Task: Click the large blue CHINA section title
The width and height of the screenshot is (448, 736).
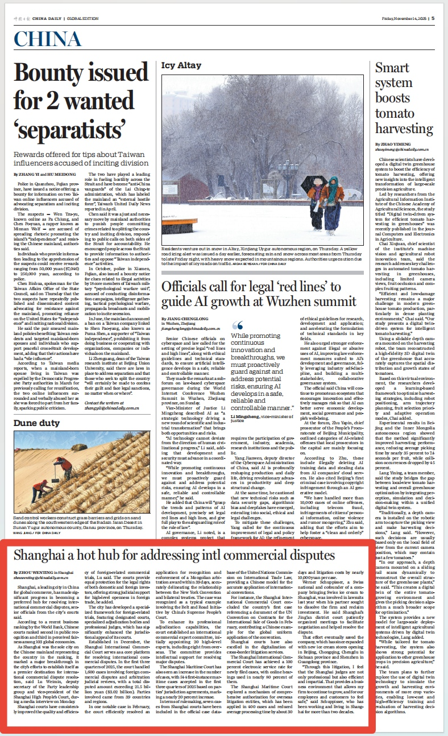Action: [47, 39]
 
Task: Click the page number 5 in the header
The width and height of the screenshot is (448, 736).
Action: [433, 18]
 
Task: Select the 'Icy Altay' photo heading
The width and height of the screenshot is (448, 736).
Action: [182, 66]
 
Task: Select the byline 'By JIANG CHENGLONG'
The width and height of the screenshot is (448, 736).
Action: [184, 319]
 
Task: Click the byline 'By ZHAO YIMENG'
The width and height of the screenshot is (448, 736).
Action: [392, 146]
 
